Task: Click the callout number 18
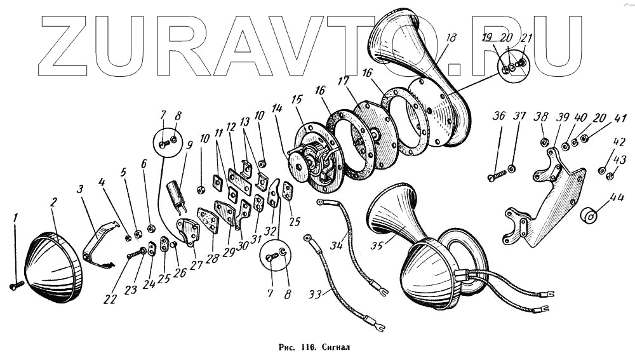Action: (450, 38)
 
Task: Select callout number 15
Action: (297, 100)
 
